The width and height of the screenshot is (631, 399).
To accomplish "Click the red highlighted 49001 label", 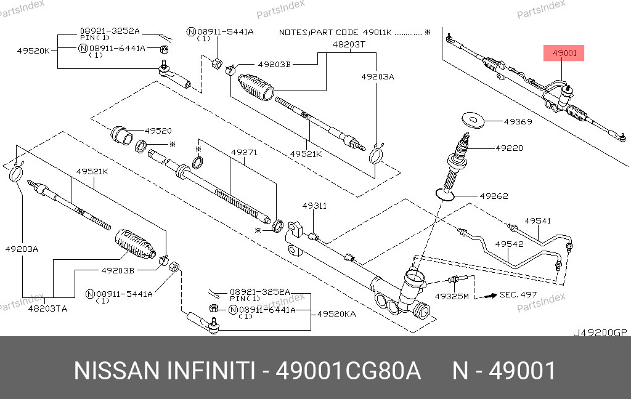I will [564, 54].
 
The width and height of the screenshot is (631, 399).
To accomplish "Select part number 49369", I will [518, 122].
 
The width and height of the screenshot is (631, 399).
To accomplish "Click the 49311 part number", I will [314, 206].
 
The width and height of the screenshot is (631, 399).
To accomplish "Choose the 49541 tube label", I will [537, 220].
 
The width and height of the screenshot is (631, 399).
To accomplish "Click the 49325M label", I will [452, 296].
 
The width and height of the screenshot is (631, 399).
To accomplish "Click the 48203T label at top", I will [349, 44].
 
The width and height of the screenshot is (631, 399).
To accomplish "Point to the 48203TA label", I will [47, 308].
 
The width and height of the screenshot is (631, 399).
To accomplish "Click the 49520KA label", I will [336, 313].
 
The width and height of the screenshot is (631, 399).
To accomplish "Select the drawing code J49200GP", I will [600, 332].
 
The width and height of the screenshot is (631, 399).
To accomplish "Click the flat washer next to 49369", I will [472, 120].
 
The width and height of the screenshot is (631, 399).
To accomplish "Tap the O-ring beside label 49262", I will [446, 195].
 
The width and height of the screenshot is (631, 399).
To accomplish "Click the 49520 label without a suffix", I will [158, 131].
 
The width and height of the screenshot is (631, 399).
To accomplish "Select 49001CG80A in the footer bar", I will [348, 371].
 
